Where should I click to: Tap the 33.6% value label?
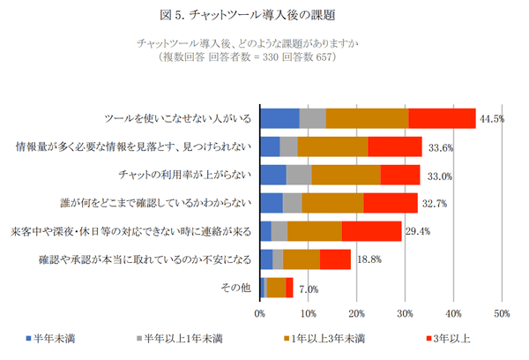coord(438,146)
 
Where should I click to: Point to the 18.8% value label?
coord(367,259)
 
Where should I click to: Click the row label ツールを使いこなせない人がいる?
coord(178,118)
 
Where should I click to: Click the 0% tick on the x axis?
coord(260,312)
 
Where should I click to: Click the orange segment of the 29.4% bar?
coord(314,231)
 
